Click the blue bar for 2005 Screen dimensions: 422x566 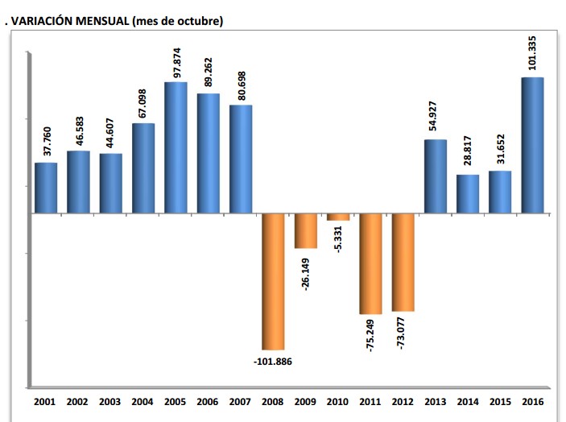(x=176, y=147)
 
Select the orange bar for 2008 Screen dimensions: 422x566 (x=273, y=281)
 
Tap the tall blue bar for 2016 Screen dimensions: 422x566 (x=533, y=145)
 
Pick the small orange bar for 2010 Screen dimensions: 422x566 (x=338, y=217)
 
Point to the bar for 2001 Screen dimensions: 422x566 (x=46, y=188)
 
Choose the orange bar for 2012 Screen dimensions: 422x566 (x=403, y=262)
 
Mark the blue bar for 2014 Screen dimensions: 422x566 (x=468, y=193)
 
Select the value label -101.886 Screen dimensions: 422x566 (x=272, y=362)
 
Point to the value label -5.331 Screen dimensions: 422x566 (x=339, y=242)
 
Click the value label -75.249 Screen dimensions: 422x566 (x=371, y=337)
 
